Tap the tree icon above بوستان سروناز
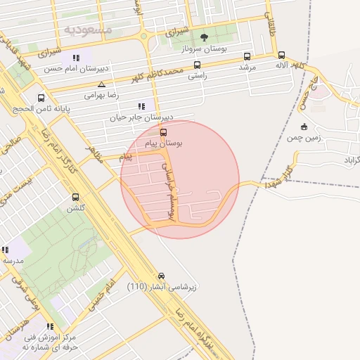tap(204, 37)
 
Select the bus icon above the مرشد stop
tap(247, 56)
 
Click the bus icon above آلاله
tap(281, 55)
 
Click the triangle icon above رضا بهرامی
tap(102, 84)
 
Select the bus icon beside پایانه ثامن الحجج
tap(41, 98)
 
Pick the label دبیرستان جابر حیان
tap(141, 117)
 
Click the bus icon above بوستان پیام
tap(164, 131)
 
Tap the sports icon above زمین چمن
tap(304, 127)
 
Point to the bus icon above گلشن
tap(75, 198)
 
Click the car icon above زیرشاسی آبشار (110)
tap(162, 276)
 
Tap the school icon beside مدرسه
tap(6, 250)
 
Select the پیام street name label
tap(126, 156)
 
